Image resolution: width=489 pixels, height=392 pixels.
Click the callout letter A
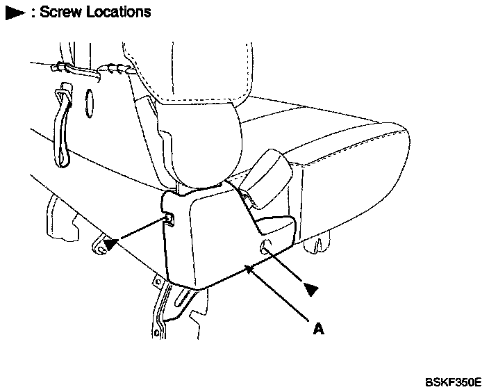pyautogui.click(x=319, y=329)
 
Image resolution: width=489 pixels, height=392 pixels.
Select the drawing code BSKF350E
pyautogui.click(x=454, y=382)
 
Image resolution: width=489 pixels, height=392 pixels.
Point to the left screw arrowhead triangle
pyautogui.click(x=108, y=243)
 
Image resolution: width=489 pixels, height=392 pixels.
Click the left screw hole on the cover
pyautogui.click(x=169, y=221)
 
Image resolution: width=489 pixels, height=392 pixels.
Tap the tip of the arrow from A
pyautogui.click(x=246, y=268)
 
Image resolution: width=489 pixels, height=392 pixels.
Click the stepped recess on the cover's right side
pyautogui.click(x=276, y=226)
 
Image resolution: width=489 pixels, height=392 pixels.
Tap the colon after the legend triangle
pyautogui.click(x=33, y=13)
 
